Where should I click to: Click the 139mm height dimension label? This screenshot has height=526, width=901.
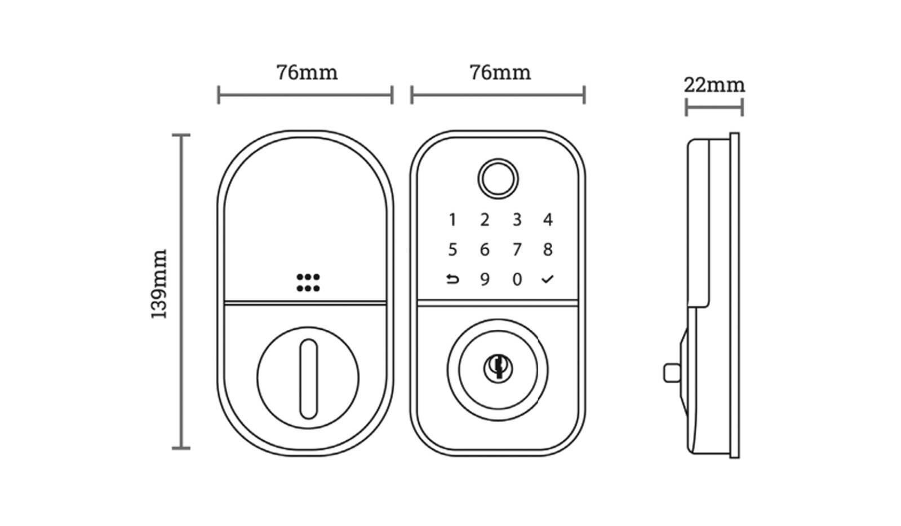coord(159,284)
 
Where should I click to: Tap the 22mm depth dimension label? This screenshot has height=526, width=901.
coord(714,85)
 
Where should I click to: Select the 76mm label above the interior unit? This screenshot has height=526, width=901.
coord(307,73)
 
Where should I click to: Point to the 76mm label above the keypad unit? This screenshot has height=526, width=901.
coord(500,73)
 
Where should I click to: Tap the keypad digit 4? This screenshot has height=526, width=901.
coord(548,219)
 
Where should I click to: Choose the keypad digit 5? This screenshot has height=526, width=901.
coord(452,249)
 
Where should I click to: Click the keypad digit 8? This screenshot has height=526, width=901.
coord(548,249)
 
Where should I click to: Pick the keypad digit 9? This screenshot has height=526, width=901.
coord(485,280)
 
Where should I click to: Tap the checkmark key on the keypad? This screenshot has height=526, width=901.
coord(548,279)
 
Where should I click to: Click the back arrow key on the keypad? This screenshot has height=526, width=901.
coord(452,279)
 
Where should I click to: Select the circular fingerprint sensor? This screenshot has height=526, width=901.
coord(498,179)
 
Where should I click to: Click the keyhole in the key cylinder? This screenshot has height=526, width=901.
coord(498,366)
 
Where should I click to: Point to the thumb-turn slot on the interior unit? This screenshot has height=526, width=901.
coord(308,378)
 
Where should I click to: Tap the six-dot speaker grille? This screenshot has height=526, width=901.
coord(308,283)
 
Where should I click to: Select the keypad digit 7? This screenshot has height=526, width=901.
coord(517,249)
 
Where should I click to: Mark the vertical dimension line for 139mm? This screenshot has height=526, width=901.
coord(181,291)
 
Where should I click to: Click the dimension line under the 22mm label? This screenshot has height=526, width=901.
coord(714,107)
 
